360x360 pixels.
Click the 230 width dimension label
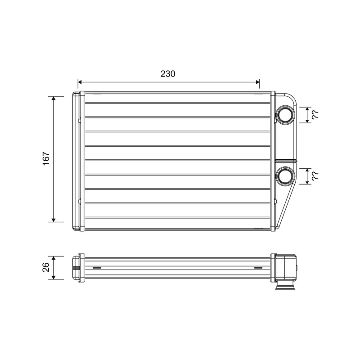tap(168, 74)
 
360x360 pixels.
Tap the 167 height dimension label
tap(46, 158)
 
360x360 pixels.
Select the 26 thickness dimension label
tap(46, 267)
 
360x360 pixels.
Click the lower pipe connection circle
tap(285, 175)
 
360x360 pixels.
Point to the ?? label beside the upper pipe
tap(315, 114)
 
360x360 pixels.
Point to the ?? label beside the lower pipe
tap(315, 176)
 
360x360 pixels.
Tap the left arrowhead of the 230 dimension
tap(80, 82)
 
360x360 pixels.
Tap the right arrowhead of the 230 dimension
tap(257, 82)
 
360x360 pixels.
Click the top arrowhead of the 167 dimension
tap(54, 99)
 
